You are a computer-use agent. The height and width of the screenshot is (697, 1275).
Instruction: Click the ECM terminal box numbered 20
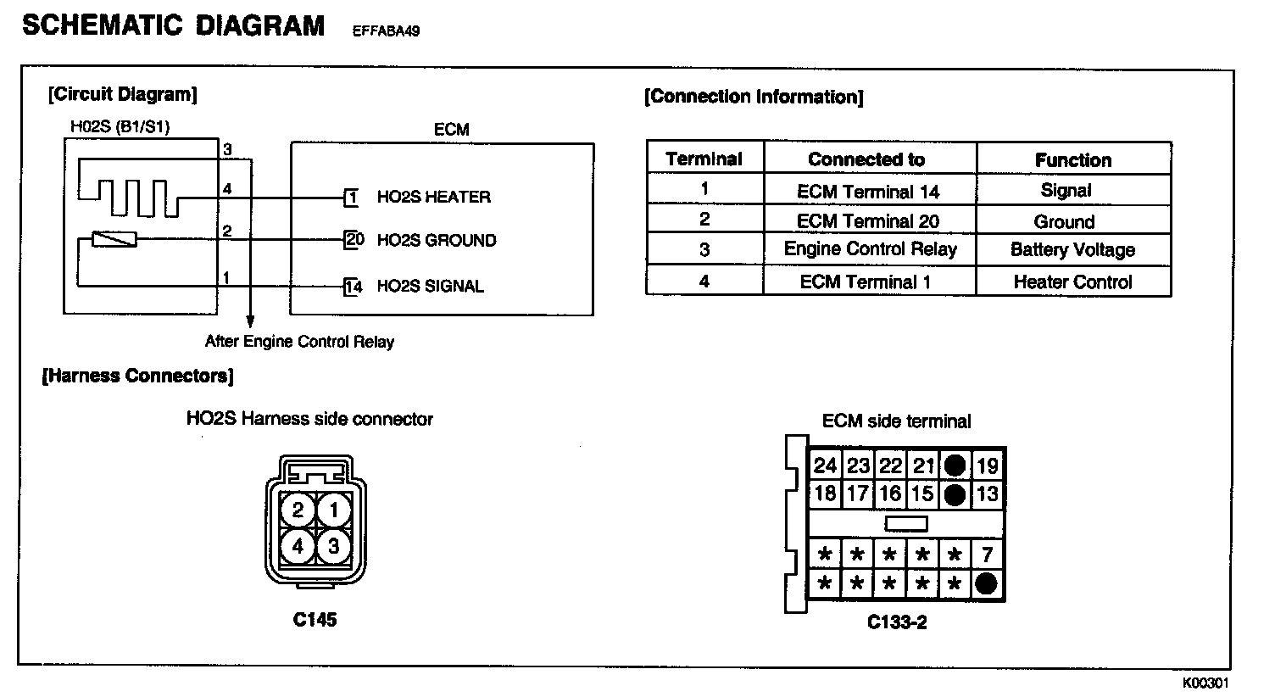[354, 240]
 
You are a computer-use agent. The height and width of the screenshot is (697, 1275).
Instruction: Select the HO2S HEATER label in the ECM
[433, 198]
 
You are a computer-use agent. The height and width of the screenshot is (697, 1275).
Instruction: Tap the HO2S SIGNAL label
[430, 287]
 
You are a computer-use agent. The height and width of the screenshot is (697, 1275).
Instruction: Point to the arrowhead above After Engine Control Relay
[250, 322]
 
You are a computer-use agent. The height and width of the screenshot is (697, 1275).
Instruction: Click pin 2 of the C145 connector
[298, 510]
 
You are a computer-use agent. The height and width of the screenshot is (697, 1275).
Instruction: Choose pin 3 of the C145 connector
[333, 546]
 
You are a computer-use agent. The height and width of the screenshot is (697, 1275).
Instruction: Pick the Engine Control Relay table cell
[870, 249]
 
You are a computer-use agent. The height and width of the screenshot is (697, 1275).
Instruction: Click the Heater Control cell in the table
[1072, 282]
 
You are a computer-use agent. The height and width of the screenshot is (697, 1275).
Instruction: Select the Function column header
[1072, 160]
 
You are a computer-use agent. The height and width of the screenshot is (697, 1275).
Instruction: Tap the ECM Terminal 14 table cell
[868, 192]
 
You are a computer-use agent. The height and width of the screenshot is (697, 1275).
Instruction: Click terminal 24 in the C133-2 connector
[825, 466]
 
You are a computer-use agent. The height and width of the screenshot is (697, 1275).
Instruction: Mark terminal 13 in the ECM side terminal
[987, 493]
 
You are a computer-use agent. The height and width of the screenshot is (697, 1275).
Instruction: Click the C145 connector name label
[315, 620]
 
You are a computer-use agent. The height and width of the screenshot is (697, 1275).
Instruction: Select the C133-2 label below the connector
[897, 623]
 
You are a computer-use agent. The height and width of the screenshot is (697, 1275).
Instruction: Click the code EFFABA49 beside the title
[386, 32]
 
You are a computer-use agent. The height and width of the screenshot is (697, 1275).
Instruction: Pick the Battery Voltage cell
[1072, 250]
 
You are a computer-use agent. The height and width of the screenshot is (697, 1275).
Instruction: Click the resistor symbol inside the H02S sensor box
[114, 240]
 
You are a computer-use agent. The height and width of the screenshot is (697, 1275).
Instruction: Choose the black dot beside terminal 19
[955, 465]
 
